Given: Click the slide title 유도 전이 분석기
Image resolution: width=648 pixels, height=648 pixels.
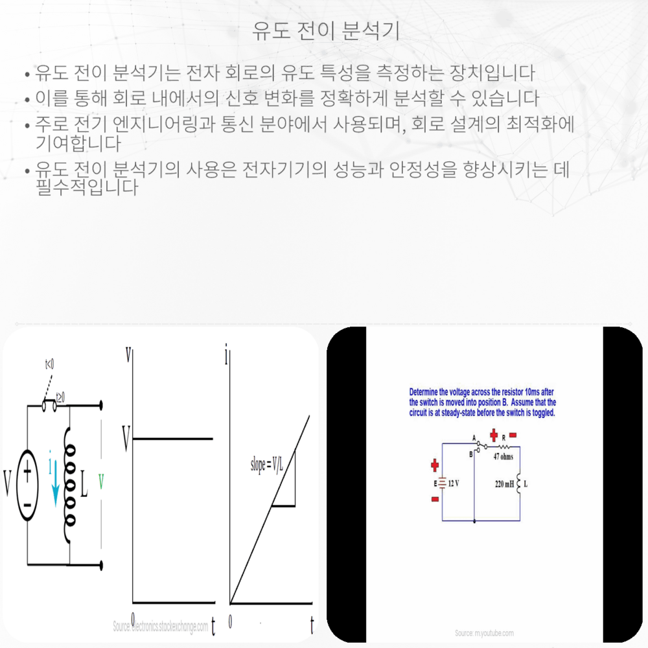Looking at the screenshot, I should coord(324,30).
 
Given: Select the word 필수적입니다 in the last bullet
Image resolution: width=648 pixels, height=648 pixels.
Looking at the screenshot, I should coord(87,188).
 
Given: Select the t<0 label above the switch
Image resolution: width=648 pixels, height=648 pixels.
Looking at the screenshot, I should coord(49,365).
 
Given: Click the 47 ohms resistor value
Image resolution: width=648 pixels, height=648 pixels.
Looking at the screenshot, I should coord(502,456).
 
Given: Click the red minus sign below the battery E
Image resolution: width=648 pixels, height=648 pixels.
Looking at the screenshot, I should coord(435,500).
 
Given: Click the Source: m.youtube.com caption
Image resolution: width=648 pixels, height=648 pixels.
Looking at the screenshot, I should coord(484,632).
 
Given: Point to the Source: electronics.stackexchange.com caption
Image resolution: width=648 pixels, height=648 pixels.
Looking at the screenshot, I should coord(161,627).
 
